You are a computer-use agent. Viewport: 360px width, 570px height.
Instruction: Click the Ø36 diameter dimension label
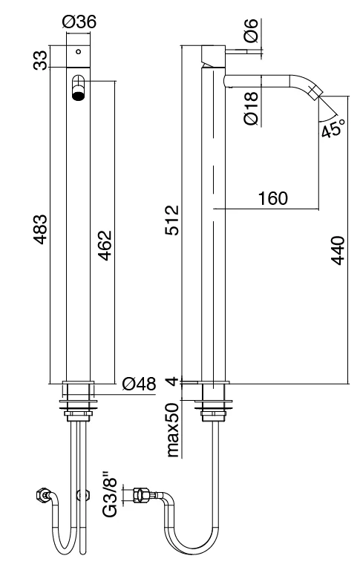click(x=79, y=24)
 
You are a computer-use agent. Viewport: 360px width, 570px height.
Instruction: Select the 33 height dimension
click(x=42, y=59)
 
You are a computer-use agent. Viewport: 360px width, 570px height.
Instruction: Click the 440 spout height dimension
click(x=338, y=252)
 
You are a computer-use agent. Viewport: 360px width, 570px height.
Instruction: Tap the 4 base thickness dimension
click(x=172, y=381)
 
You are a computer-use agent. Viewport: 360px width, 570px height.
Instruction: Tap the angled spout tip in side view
click(x=318, y=95)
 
